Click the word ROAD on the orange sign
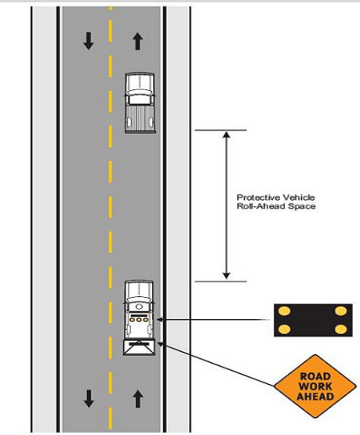[x=315, y=376]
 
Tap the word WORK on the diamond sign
[x=315, y=386]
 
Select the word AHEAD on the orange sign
[x=315, y=396]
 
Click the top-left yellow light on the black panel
[x=284, y=311]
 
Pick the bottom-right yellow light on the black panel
[x=341, y=329]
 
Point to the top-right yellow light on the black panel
[x=341, y=311]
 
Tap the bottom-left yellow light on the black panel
[x=284, y=329]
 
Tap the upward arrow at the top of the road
[x=137, y=42]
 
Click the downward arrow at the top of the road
[x=89, y=41]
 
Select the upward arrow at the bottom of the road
[x=138, y=399]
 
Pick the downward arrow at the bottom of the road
[x=89, y=398]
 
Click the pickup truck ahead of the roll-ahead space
[x=140, y=103]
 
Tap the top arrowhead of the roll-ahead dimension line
[x=227, y=135]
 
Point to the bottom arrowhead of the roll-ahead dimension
[x=227, y=276]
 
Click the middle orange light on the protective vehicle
[x=139, y=320]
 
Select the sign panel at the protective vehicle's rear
[x=140, y=347]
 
